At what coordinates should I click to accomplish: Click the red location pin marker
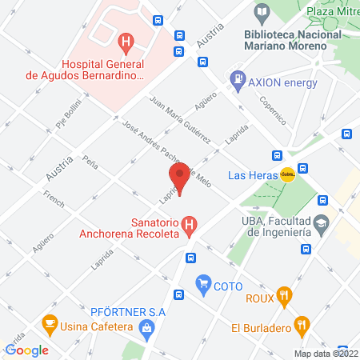tap(179, 178)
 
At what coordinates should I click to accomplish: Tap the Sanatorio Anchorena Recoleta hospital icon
tap(190, 225)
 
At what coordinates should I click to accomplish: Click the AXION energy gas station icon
tap(238, 80)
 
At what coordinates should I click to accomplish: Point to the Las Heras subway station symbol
tap(287, 174)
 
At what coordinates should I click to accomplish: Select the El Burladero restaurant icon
tap(302, 325)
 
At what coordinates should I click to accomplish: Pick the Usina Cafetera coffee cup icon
tap(50, 325)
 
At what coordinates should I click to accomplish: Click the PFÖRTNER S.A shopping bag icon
tap(146, 326)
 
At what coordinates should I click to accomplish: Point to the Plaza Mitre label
tap(330, 12)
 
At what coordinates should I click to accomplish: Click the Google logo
tap(27, 350)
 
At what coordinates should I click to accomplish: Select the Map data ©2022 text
tap(326, 353)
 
